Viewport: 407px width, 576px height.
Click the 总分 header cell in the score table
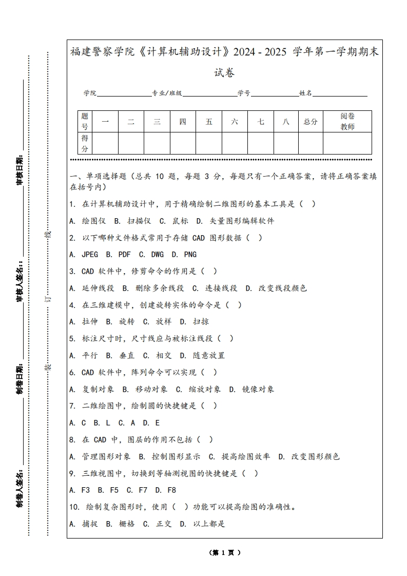(311, 122)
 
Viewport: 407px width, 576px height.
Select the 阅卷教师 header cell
(347, 122)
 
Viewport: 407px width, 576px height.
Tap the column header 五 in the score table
(209, 122)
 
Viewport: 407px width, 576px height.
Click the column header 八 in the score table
(286, 122)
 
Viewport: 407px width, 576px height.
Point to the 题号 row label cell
(85, 122)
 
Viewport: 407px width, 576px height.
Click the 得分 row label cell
(85, 143)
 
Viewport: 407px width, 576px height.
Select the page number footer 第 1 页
(225, 553)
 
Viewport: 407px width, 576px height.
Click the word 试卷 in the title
(224, 73)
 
